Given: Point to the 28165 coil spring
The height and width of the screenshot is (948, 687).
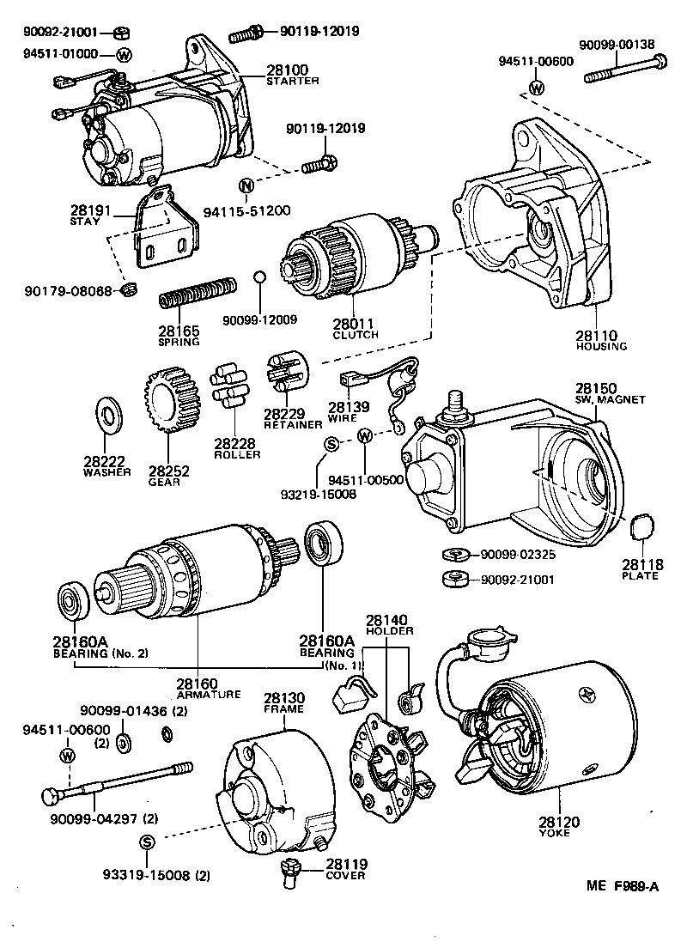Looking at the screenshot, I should point(198,294).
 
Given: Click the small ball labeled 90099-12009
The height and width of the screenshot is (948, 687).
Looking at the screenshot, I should point(259,277).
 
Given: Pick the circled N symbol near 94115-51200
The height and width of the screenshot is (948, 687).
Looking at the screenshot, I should point(246,186).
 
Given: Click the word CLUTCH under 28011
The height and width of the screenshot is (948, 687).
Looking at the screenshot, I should point(355,335).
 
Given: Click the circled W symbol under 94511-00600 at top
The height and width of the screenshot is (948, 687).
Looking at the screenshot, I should point(536,88).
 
